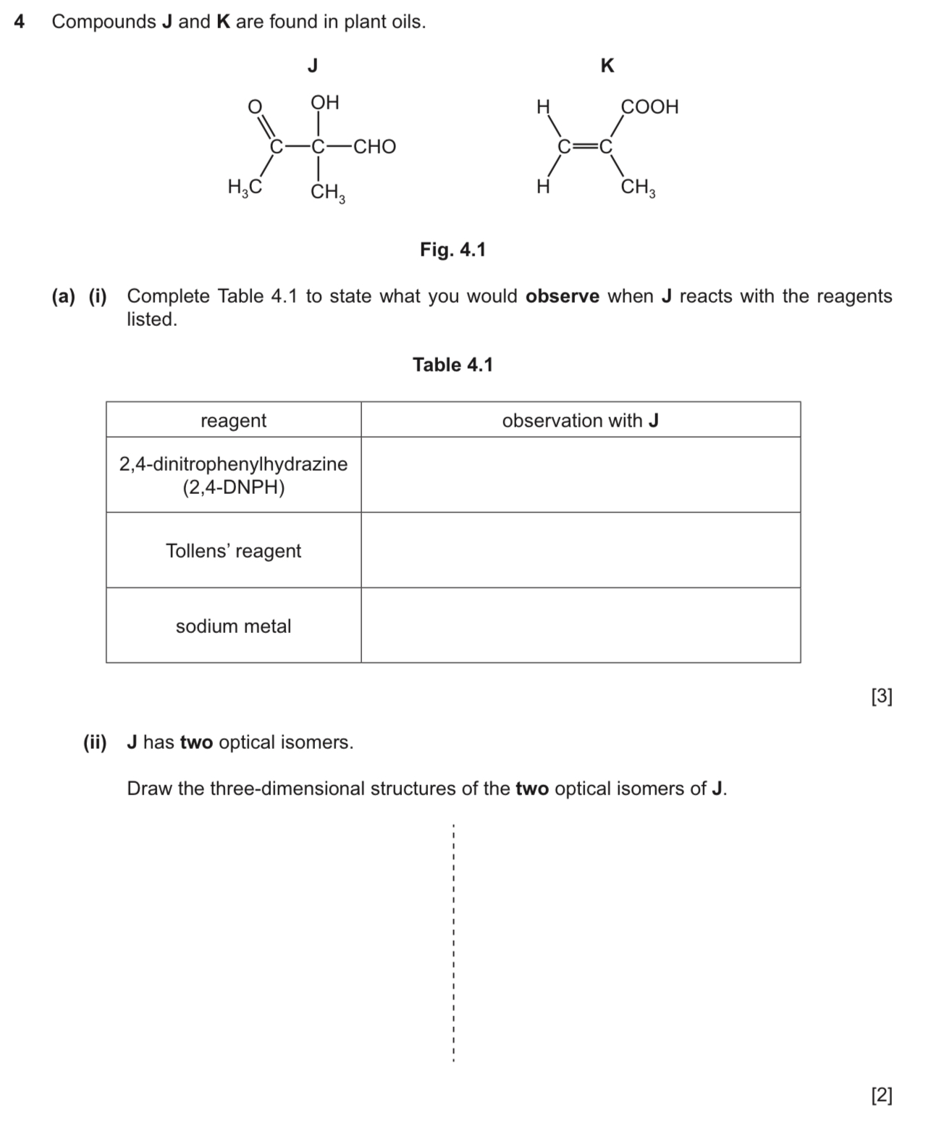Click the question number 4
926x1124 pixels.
click(x=20, y=22)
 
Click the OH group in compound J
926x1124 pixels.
click(x=324, y=103)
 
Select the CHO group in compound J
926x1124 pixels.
click(x=374, y=147)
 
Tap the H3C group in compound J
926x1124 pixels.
click(x=244, y=188)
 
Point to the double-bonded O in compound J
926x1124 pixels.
click(x=254, y=107)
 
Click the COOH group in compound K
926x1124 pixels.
click(x=649, y=107)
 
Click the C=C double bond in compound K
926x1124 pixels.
click(x=585, y=147)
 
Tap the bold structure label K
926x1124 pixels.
click(x=607, y=67)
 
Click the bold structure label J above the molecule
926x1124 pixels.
click(x=313, y=67)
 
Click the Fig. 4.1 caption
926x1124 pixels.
click(x=453, y=250)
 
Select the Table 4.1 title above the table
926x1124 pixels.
click(x=453, y=365)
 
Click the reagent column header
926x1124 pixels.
click(x=233, y=421)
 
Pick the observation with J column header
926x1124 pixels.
click(x=580, y=421)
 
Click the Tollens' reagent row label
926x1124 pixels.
click(x=233, y=551)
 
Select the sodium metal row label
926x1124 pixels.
click(x=233, y=626)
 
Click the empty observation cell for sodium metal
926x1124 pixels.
click(x=580, y=626)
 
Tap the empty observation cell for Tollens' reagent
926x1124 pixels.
click(x=580, y=550)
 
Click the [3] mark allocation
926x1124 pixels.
click(x=882, y=697)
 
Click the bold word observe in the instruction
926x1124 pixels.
click(x=563, y=297)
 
